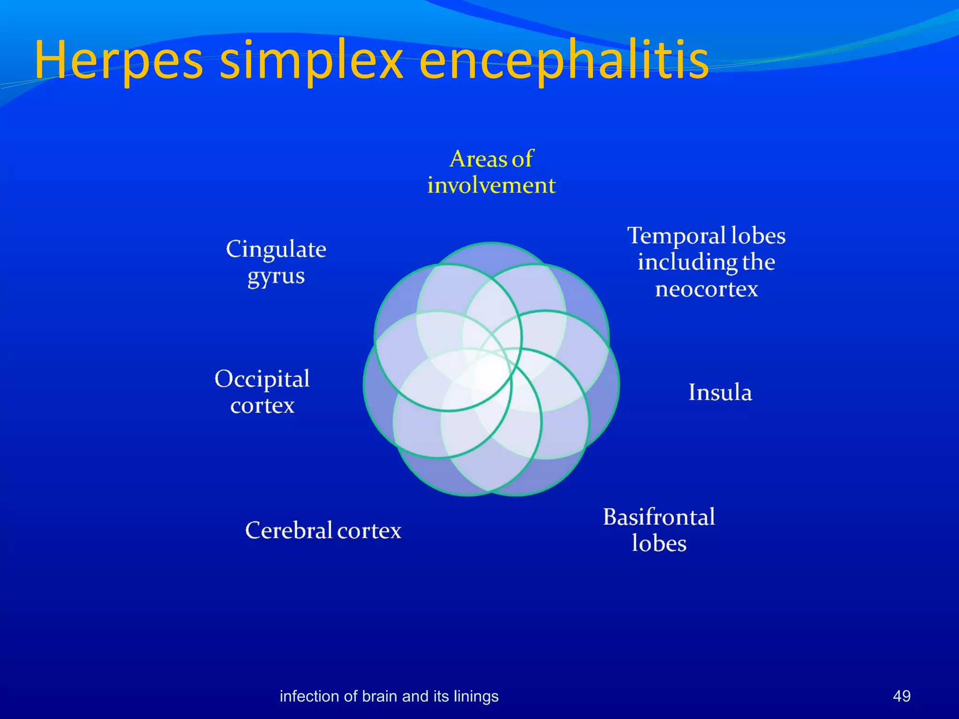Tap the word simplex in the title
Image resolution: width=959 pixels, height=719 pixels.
pos(311,61)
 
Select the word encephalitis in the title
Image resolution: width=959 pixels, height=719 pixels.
pos(564,61)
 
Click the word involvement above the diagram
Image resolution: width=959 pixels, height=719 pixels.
pos(491,185)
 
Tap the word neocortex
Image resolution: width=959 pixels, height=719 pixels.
pos(706,289)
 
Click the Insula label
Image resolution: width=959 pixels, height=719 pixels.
pos(720,392)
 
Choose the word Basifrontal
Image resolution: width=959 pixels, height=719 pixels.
pos(659,517)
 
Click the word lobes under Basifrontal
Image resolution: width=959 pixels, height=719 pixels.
pos(659,543)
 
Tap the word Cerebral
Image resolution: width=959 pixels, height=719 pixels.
pos(288,530)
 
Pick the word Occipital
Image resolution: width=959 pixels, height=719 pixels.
pos(262,379)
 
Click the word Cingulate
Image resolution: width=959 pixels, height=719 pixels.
pos(276,249)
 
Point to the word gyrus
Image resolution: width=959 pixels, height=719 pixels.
pos(276,277)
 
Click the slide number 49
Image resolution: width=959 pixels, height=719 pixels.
pos(901,696)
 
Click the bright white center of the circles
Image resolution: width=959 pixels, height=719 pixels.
pos(490,374)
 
